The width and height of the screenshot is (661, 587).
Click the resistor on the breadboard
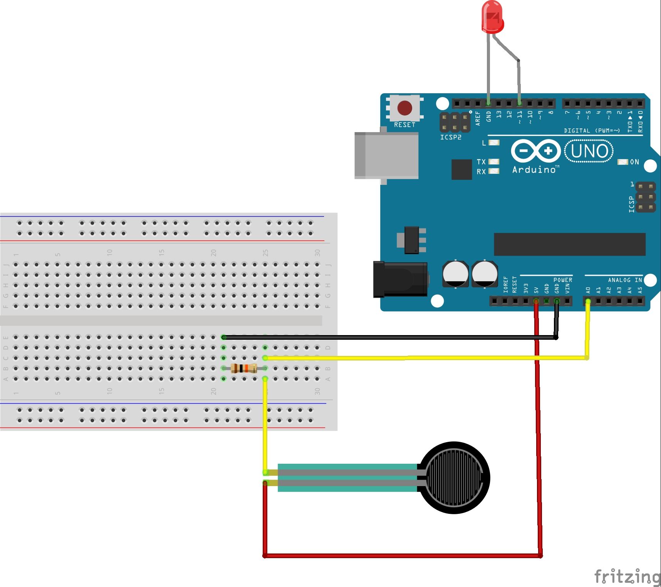coord(244,369)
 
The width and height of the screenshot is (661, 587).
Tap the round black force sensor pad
coord(454,478)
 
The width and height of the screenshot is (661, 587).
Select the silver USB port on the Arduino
coord(386,155)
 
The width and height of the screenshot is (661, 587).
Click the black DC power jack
coord(400,279)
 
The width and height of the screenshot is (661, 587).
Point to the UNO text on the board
coord(589,151)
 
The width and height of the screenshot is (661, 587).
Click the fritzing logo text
coord(627,577)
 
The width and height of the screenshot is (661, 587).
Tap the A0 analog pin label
coord(588,290)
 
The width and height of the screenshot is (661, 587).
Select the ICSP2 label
coord(451,137)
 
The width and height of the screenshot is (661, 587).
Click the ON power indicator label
coord(634,162)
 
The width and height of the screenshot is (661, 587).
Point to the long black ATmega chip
coord(569,244)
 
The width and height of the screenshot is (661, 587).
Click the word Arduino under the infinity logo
coord(534,169)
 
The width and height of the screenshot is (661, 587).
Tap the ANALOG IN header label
coord(625,280)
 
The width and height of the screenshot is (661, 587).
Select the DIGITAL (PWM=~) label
coord(592,131)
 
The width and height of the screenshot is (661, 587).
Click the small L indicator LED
coord(494,143)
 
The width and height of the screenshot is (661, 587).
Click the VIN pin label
coord(567,288)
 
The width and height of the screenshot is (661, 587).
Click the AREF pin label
coord(478,118)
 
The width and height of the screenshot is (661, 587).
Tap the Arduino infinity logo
coord(535,151)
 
